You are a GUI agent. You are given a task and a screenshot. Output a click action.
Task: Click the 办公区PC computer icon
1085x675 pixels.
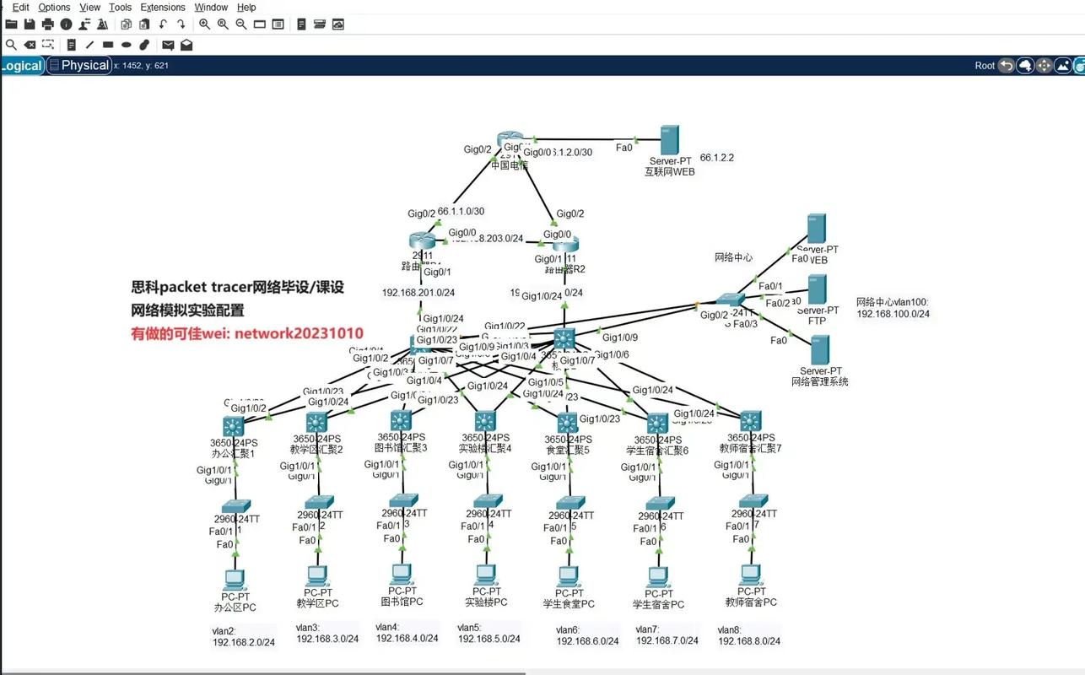point(235,580)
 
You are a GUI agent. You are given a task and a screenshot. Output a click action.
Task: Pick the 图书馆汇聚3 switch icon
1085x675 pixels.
point(400,419)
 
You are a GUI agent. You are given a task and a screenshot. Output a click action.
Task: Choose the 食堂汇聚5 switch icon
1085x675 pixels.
point(567,422)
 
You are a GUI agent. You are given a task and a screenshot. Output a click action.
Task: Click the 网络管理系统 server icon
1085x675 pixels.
point(820,350)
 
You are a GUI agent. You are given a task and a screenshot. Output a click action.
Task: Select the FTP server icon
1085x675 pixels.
point(817,289)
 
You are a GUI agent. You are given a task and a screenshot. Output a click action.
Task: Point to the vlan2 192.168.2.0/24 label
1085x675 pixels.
point(243,636)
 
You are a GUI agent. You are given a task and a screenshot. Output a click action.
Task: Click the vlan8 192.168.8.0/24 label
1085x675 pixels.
point(748,635)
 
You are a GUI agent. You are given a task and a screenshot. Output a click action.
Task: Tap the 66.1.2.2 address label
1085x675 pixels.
point(717,158)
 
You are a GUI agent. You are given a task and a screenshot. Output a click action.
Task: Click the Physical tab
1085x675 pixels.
point(84,65)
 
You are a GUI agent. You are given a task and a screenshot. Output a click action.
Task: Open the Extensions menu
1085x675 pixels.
point(163,7)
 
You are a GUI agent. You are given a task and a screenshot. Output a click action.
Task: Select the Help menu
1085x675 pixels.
point(246,7)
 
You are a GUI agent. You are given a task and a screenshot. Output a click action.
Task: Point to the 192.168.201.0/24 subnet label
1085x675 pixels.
point(418,293)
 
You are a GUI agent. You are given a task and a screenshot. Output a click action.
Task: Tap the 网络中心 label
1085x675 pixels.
point(733,257)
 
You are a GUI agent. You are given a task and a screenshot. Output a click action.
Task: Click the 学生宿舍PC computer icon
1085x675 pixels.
point(658,577)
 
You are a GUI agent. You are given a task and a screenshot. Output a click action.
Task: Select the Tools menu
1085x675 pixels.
point(121,7)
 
